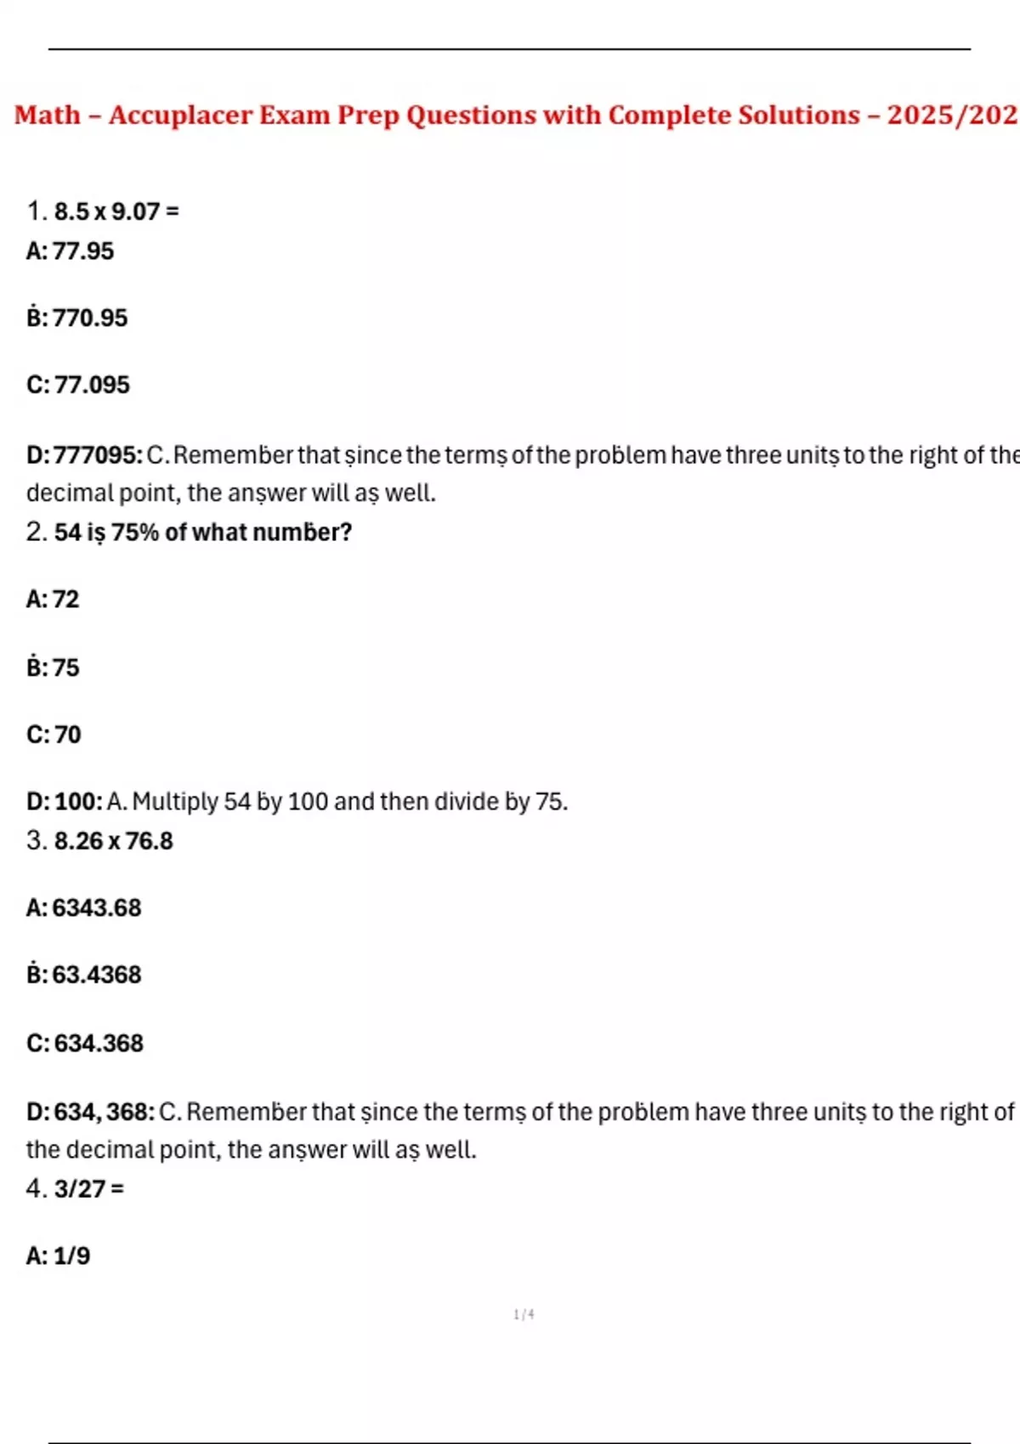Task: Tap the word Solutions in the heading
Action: (x=798, y=115)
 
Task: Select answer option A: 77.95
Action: (x=70, y=251)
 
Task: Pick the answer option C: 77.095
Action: (x=78, y=385)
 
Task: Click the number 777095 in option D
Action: (x=97, y=455)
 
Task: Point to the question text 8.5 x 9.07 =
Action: (x=116, y=212)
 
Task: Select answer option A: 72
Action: (x=53, y=600)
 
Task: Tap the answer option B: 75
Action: (x=53, y=668)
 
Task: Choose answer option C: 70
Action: (x=54, y=735)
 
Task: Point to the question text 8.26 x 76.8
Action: (x=113, y=841)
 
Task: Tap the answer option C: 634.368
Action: (x=85, y=1043)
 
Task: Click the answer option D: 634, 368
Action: (x=90, y=1112)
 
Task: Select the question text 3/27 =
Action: (x=88, y=1189)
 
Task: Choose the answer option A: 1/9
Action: (x=58, y=1256)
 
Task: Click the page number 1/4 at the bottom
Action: (x=524, y=1315)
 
